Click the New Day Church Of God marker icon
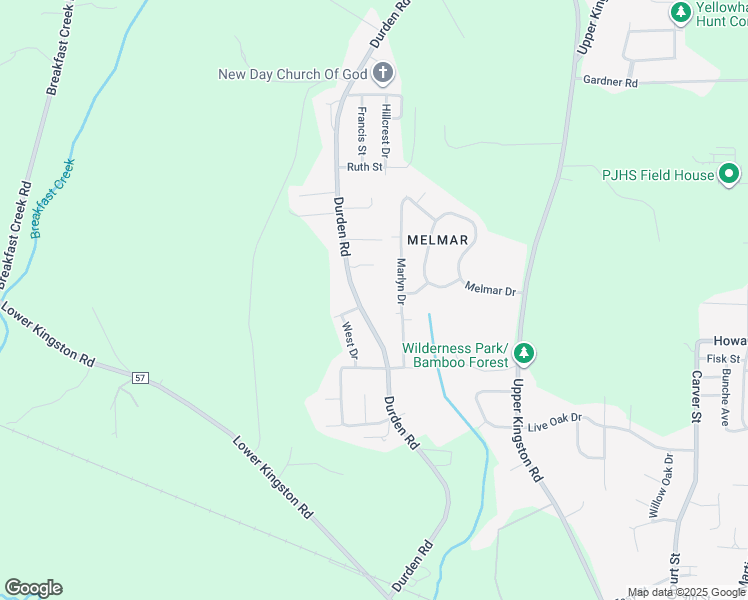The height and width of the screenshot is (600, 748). pos(383,73)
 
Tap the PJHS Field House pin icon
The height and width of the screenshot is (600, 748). pos(729,175)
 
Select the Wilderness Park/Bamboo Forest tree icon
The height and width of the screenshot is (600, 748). pos(524,354)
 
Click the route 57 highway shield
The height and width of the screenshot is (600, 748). pos(139,376)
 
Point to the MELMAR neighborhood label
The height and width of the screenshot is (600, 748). pos(438,240)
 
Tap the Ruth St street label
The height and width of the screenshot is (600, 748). pos(365,167)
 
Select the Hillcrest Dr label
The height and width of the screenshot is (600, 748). pos(385,130)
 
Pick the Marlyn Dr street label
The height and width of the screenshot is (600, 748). pos(400,281)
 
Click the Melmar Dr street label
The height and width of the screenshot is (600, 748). pos(490,290)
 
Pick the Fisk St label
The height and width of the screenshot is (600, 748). pos(722,359)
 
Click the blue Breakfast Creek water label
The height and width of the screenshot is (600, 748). pos(52,198)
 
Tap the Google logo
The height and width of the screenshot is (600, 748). pos(33,588)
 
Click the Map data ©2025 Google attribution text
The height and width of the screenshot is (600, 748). pos(686,592)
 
